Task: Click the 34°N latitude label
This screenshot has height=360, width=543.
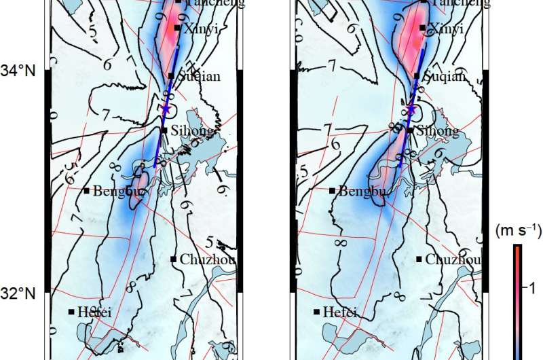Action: (x=21, y=70)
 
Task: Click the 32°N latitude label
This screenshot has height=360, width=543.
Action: (x=21, y=293)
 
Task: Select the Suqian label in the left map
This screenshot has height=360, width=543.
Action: (x=198, y=77)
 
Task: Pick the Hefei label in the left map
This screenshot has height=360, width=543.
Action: (x=94, y=312)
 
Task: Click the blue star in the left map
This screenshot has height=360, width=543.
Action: (x=165, y=109)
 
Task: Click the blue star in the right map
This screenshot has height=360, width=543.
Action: (x=411, y=109)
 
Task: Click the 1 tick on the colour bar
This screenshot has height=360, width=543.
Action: (x=532, y=288)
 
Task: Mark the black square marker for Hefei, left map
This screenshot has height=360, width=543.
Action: (x=71, y=312)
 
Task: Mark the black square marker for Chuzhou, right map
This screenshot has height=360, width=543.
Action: (x=419, y=259)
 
